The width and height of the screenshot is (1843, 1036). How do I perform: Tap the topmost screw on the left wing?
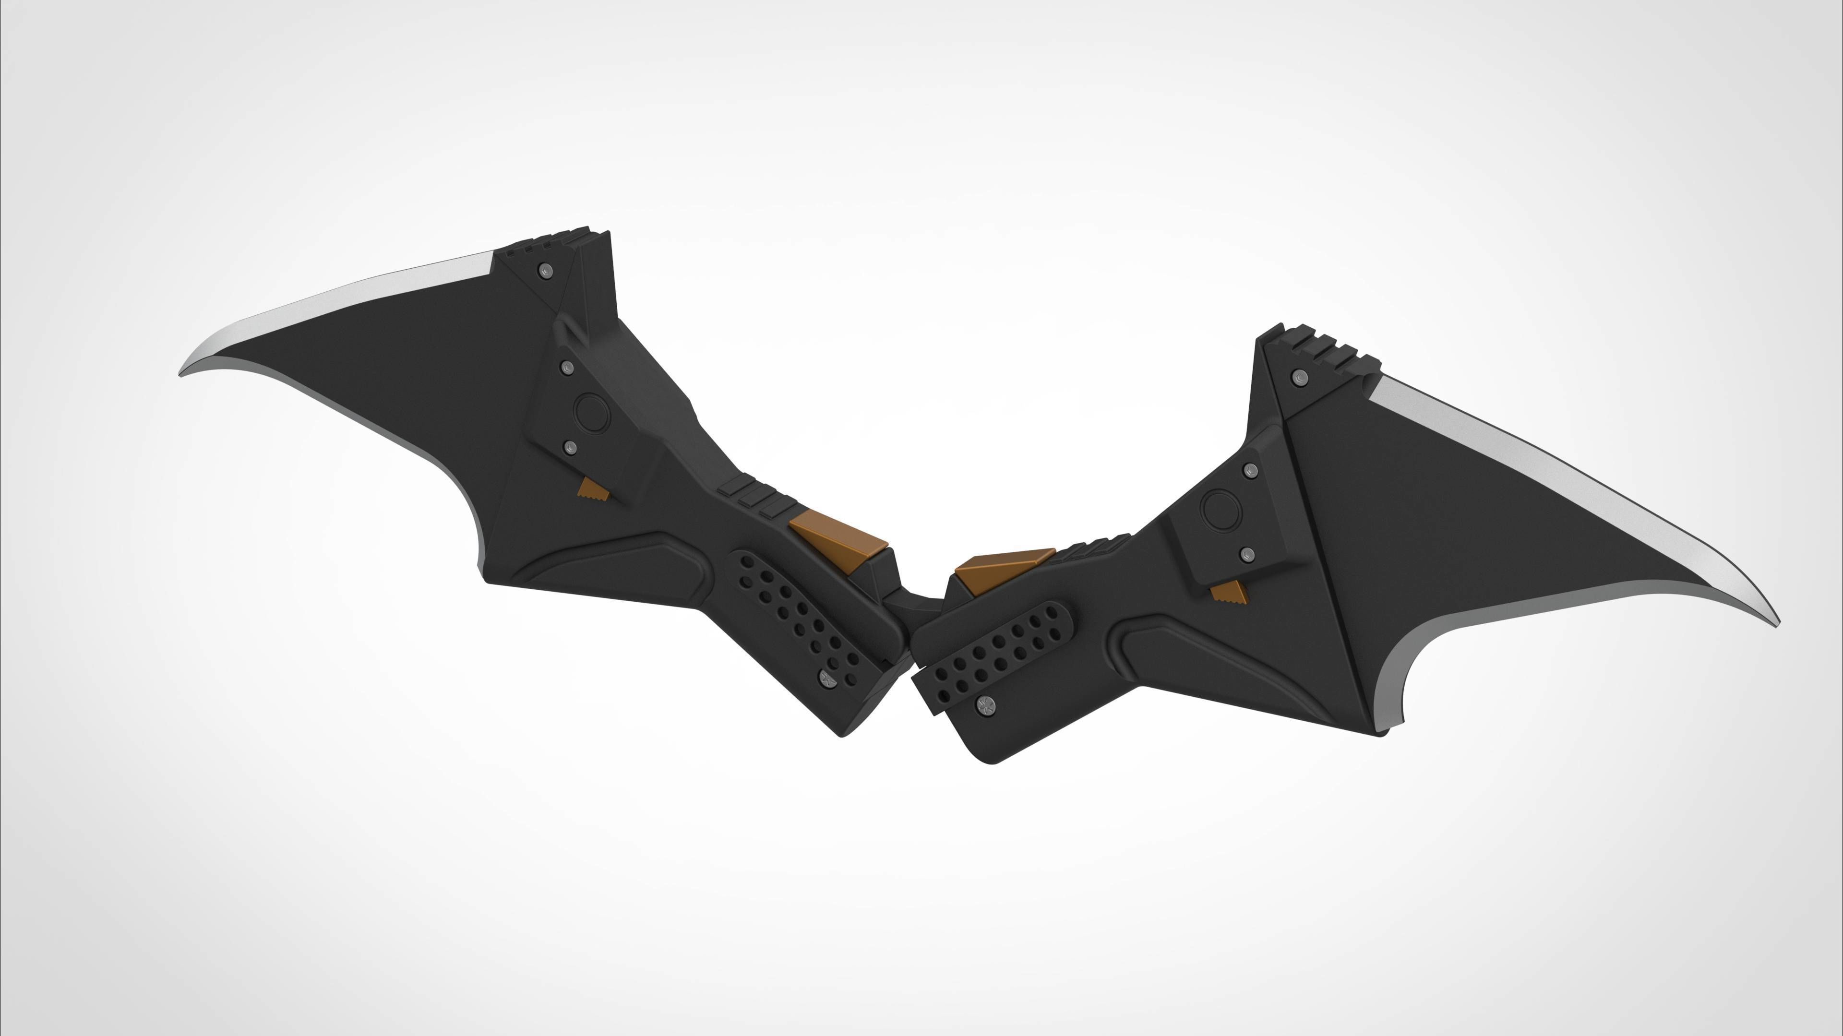tap(546, 271)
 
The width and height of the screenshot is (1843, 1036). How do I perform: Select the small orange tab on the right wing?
tap(1229, 593)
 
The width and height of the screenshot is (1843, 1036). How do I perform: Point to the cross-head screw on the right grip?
tap(984, 705)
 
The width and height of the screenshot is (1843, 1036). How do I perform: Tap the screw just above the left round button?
tap(567, 368)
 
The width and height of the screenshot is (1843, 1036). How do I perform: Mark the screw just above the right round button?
tap(1251, 471)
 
